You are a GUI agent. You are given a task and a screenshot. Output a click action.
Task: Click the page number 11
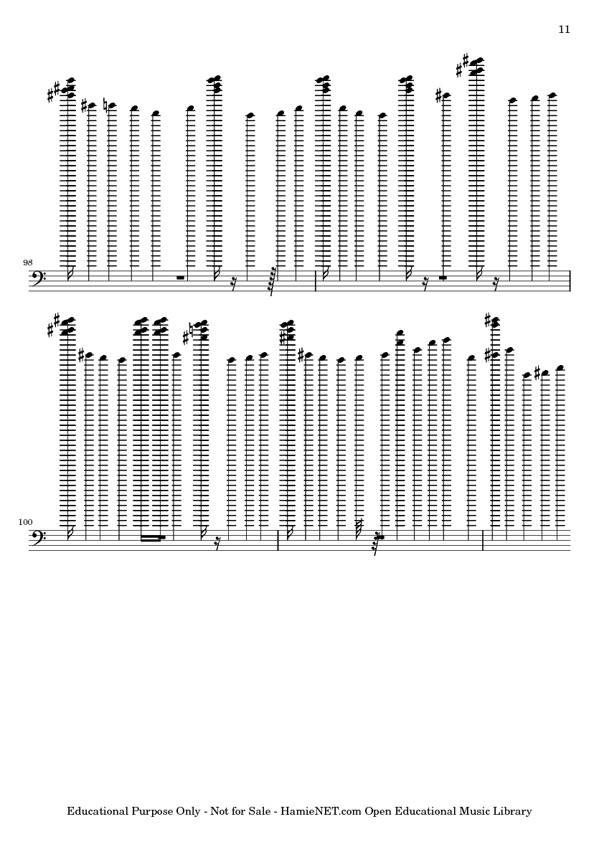(x=563, y=29)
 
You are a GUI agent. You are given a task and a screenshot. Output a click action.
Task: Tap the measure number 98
(x=28, y=263)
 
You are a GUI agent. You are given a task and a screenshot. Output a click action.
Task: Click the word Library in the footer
(x=512, y=812)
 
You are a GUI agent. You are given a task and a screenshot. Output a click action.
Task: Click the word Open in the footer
(x=377, y=812)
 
